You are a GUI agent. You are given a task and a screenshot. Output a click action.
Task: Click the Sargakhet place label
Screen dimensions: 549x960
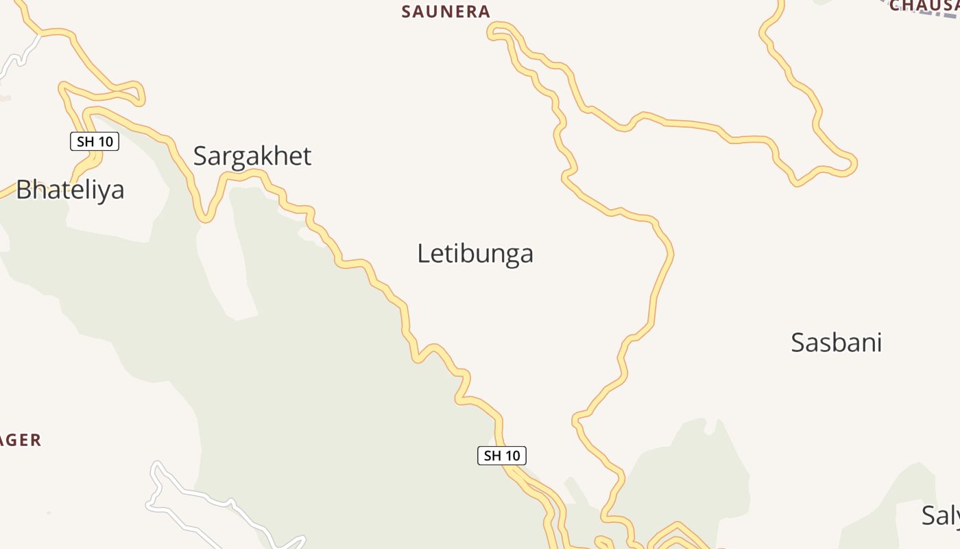(252, 156)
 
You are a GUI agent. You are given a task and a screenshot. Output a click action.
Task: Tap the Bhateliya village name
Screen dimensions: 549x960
(70, 189)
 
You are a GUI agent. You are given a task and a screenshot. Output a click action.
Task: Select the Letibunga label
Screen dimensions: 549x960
(475, 254)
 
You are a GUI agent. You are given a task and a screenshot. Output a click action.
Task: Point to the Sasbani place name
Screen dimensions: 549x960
(836, 342)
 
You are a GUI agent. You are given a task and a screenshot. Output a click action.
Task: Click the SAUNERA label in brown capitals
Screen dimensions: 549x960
(446, 12)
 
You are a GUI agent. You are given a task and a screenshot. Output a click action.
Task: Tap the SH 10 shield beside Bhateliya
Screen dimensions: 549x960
(95, 142)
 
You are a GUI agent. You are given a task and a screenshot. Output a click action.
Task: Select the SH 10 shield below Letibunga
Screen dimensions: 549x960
(502, 456)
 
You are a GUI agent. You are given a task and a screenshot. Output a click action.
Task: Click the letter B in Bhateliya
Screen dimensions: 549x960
(24, 189)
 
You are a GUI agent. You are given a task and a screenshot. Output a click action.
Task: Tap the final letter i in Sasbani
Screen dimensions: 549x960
(878, 342)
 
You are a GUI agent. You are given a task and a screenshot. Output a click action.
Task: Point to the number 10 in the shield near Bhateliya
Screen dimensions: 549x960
(104, 142)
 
